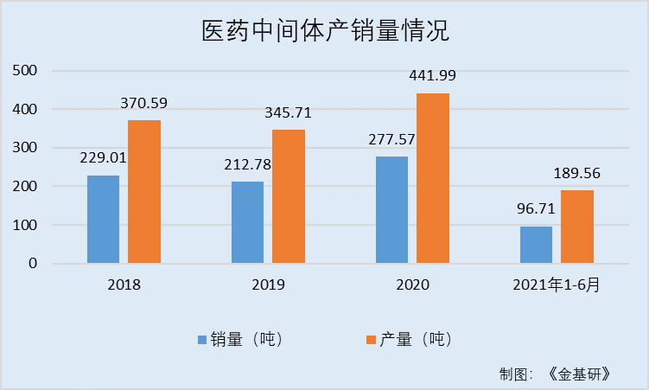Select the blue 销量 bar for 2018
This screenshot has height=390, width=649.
[x=103, y=220]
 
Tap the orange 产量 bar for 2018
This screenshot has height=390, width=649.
[x=144, y=192]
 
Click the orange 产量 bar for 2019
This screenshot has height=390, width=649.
[x=289, y=196]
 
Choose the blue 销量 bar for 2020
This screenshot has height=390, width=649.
[x=391, y=210]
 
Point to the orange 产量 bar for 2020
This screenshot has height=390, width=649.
[x=433, y=178]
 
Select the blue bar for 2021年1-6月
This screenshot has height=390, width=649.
[x=536, y=245]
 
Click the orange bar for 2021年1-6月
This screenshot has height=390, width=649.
[x=577, y=227]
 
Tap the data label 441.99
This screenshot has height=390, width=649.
[x=432, y=76]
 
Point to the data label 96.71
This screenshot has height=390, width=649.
[x=536, y=209]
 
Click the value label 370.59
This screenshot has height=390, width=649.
[x=143, y=103]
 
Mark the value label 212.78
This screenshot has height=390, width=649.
[x=247, y=164]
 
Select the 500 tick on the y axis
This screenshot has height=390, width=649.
[x=25, y=71]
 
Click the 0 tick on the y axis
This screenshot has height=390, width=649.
[x=32, y=263]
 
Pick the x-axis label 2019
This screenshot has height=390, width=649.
[x=268, y=284]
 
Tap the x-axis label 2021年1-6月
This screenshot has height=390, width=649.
[x=557, y=284]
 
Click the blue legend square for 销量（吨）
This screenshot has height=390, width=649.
[x=201, y=340]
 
